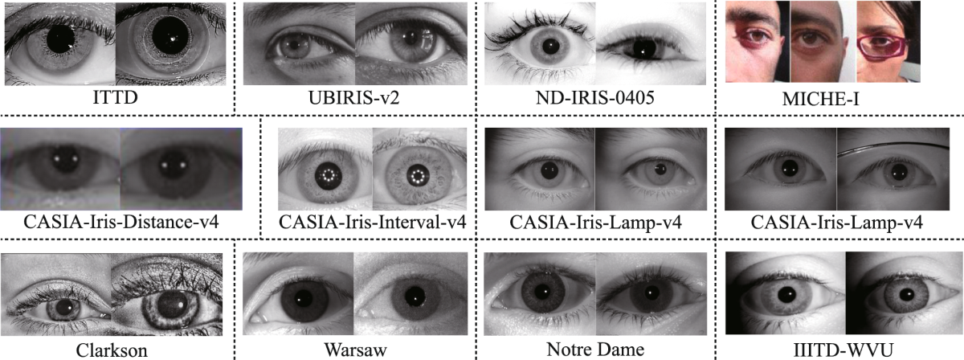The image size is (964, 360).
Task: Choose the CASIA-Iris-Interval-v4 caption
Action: pos(372,220)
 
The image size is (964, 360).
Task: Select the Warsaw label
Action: pos(355,349)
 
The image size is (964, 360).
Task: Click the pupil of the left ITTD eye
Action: pos(60,38)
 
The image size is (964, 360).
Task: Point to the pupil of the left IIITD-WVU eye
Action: pos(782,292)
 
